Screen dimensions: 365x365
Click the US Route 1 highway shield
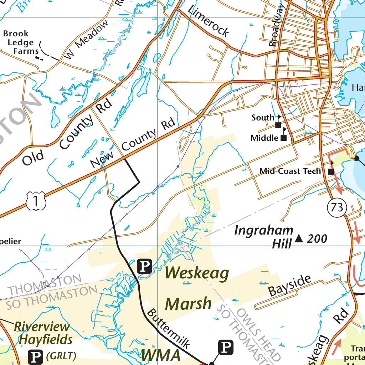click(x=36, y=200)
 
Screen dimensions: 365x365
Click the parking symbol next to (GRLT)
click(x=35, y=356)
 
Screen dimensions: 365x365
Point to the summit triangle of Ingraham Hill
click(x=299, y=238)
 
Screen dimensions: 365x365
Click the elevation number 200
click(x=317, y=239)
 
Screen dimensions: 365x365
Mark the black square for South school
click(x=278, y=125)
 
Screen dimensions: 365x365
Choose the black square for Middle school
click(x=284, y=138)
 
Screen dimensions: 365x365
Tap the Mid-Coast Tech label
click(x=290, y=171)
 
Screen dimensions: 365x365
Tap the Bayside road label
click(x=290, y=285)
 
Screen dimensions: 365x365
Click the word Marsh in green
click(x=188, y=304)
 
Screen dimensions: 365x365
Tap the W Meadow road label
click(x=87, y=40)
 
